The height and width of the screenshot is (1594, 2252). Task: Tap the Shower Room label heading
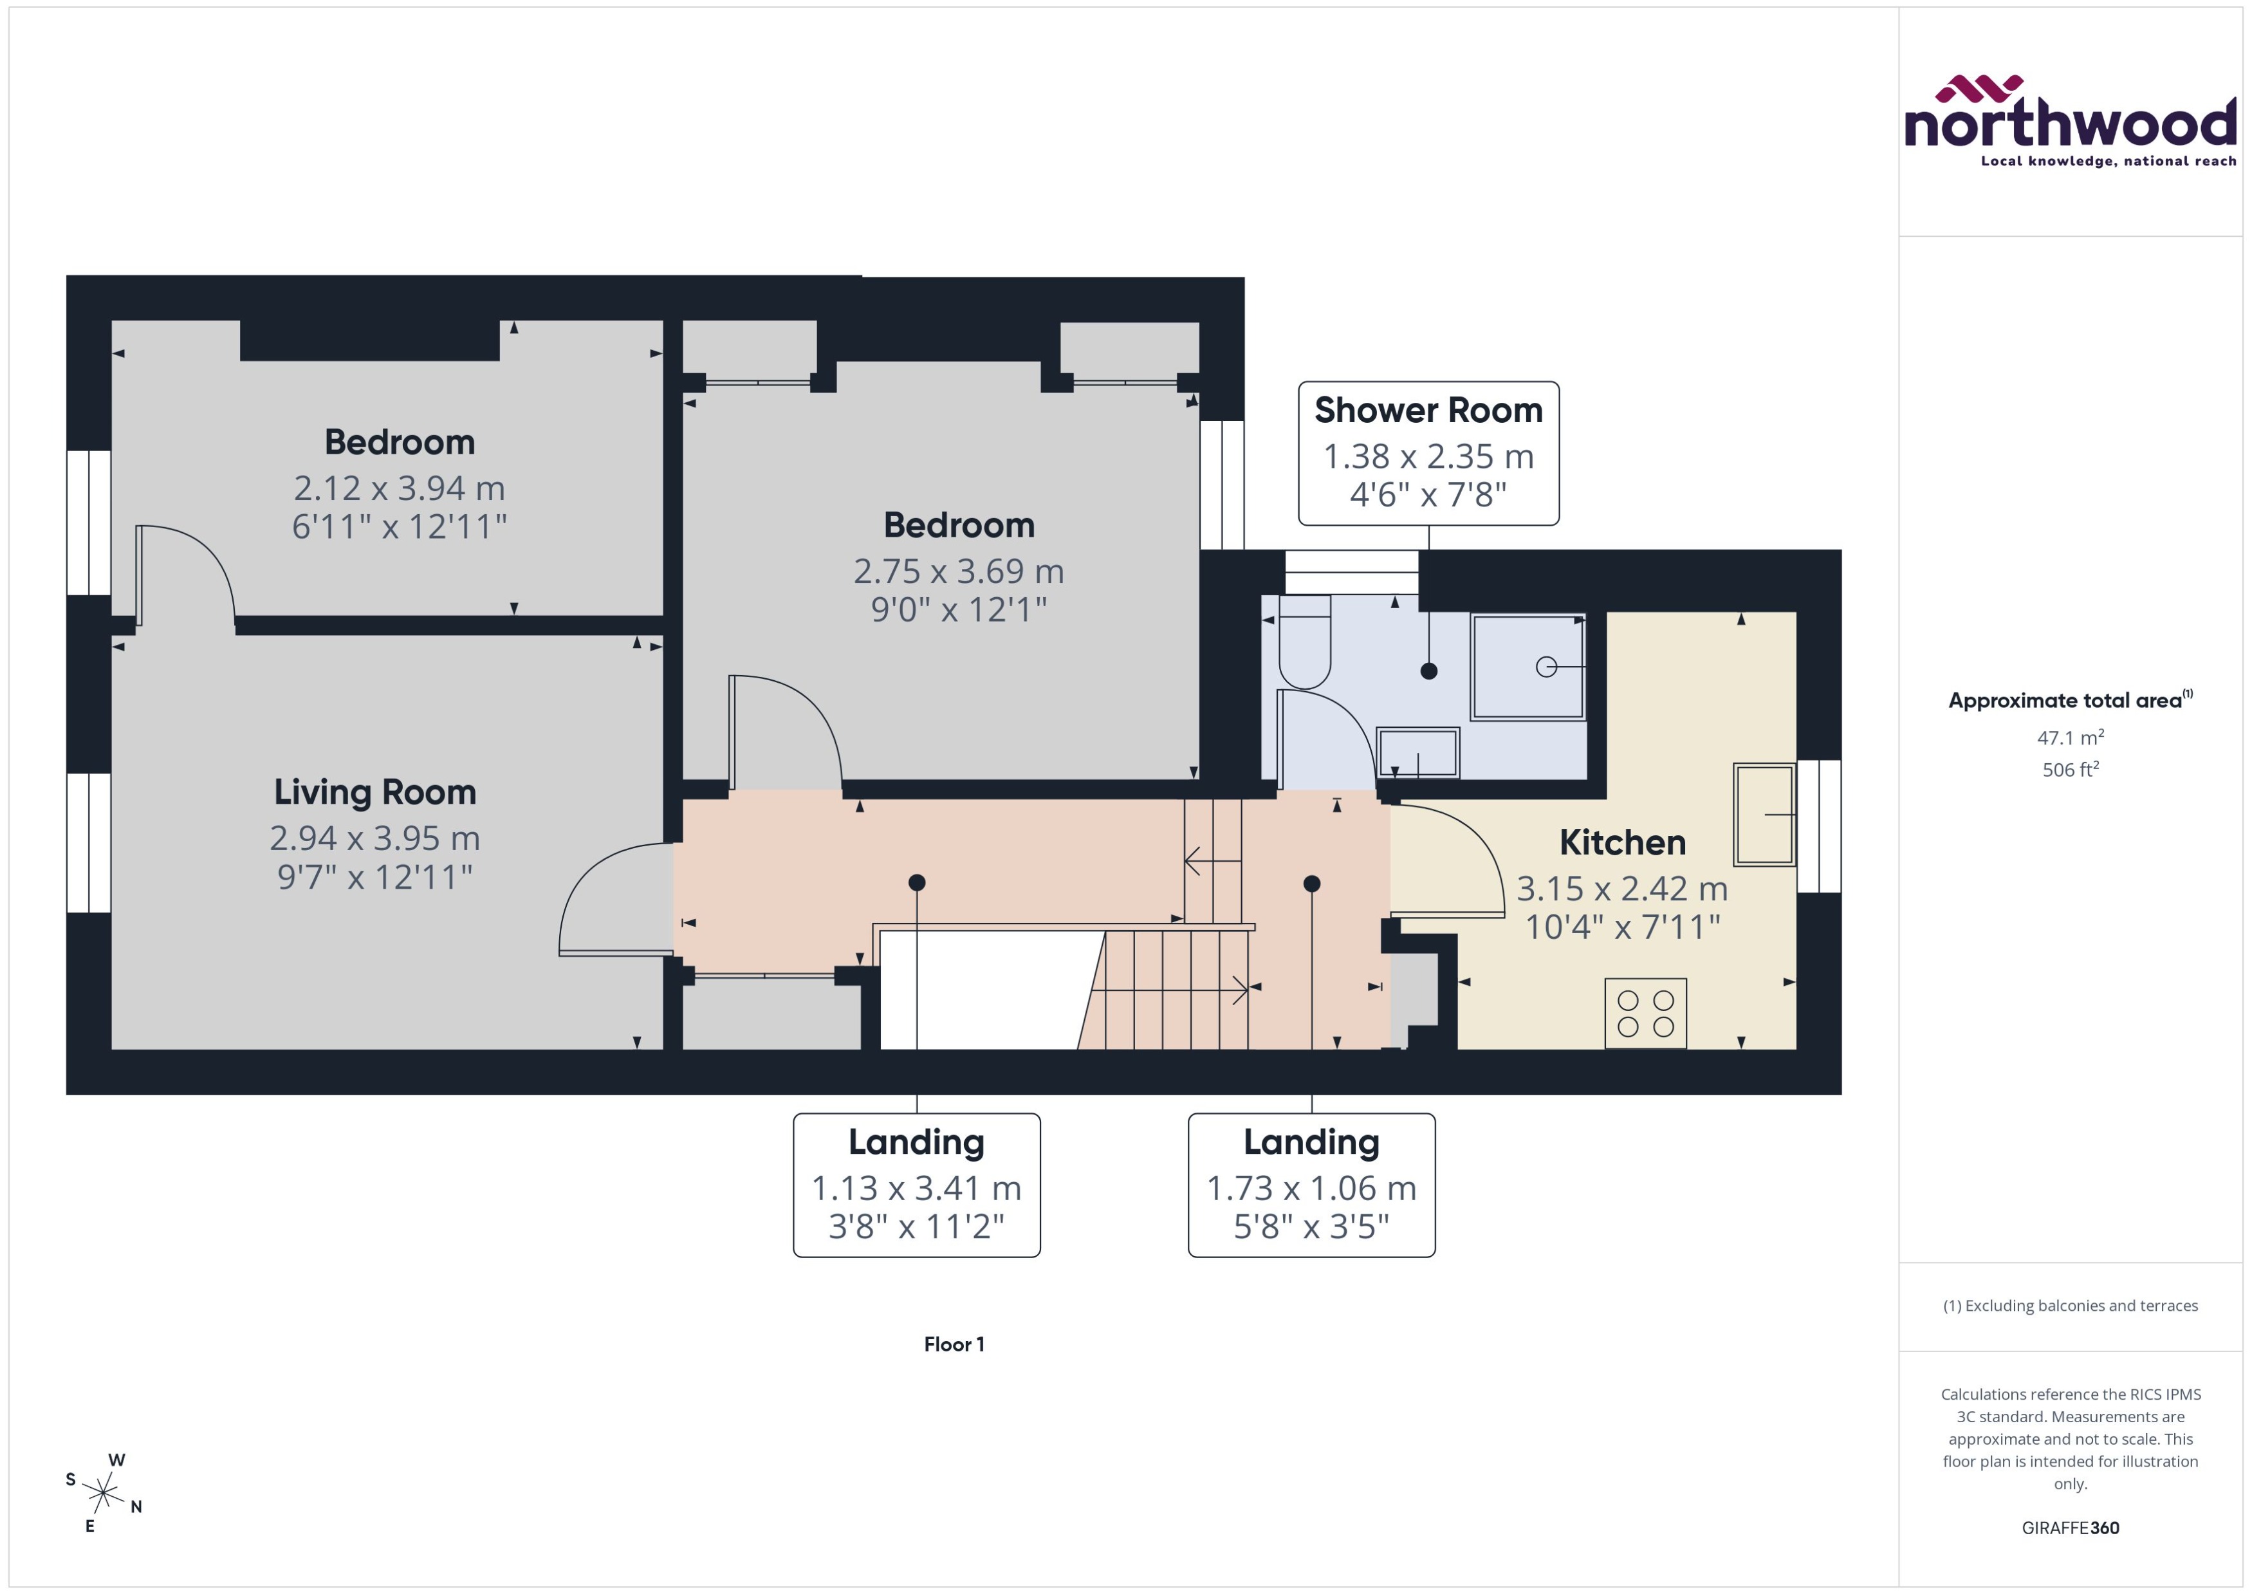(1428, 411)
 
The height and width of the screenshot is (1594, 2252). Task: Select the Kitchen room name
(1622, 842)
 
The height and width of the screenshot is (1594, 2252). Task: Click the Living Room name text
(375, 792)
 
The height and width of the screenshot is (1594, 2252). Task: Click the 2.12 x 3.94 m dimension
(400, 488)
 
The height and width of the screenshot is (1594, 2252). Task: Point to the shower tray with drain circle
(1527, 667)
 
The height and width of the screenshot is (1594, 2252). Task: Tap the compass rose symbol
(102, 1494)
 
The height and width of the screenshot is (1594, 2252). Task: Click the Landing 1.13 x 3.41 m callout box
(916, 1185)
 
